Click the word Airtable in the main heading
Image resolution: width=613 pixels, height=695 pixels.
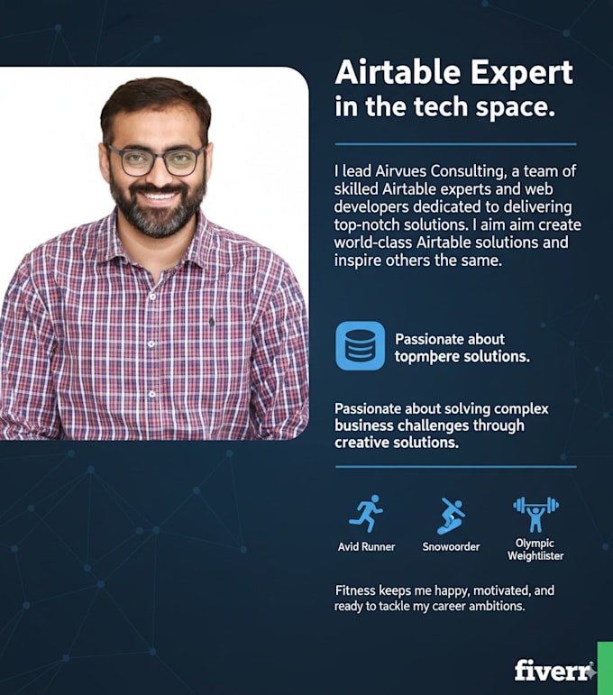(x=394, y=74)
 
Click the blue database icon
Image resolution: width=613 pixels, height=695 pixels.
(x=360, y=346)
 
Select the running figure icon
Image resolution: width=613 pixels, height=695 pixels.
(x=365, y=514)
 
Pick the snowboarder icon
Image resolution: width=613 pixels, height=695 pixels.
(x=451, y=516)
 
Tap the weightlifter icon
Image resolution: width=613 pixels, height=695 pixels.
(x=535, y=513)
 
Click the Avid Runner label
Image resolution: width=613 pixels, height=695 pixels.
(x=365, y=547)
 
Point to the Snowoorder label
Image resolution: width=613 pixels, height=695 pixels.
(x=451, y=547)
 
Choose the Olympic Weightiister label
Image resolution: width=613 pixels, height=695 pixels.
(x=535, y=550)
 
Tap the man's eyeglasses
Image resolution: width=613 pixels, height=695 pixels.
(x=156, y=160)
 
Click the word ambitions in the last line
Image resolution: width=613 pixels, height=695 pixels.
(x=495, y=607)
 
